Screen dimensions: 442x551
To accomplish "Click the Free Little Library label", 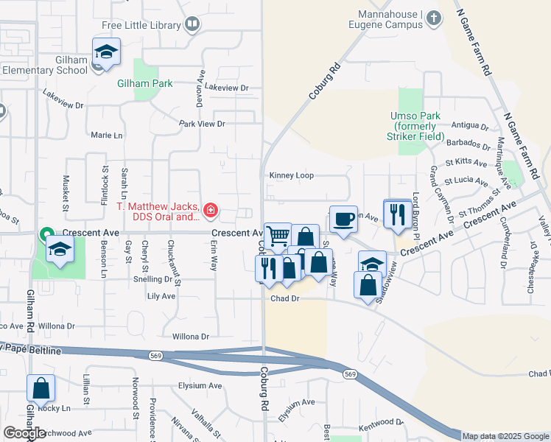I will [x=141, y=25].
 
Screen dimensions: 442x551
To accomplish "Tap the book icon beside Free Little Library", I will [x=192, y=25].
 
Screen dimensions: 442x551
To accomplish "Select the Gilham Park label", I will [x=145, y=83].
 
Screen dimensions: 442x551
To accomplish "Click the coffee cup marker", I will [x=343, y=219].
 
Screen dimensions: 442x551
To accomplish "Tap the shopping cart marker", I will [x=278, y=236].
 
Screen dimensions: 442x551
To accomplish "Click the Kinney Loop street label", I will [x=292, y=175].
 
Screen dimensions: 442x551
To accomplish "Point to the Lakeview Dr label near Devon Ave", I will [x=227, y=88].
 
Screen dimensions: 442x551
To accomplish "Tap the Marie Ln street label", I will [x=107, y=136].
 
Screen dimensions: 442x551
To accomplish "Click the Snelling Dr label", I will [x=153, y=279].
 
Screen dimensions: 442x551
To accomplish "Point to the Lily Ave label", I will [x=161, y=296].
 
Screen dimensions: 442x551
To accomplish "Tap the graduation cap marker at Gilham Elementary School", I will [x=106, y=52].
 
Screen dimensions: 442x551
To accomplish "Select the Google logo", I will [x=24, y=433].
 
